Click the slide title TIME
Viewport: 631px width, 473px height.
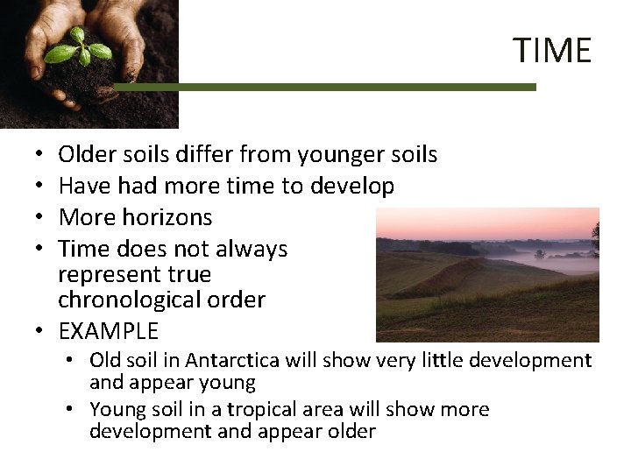click(x=552, y=50)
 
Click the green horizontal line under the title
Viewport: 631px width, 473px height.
click(x=324, y=87)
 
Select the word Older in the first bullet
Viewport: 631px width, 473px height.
click(x=82, y=155)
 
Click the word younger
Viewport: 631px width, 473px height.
click(x=339, y=156)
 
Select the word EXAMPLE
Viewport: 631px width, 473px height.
click(x=108, y=331)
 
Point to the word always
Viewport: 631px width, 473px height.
click(x=254, y=249)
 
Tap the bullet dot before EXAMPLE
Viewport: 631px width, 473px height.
click(x=39, y=331)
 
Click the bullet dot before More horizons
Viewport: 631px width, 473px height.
click(x=39, y=217)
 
